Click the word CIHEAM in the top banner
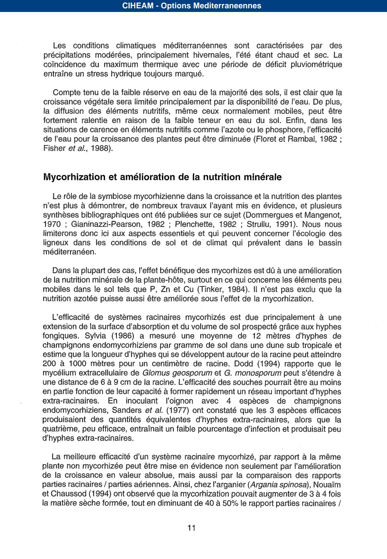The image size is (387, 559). tap(137, 6)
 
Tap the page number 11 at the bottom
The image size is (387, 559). tap(192, 528)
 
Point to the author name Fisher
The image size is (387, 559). tap(55, 148)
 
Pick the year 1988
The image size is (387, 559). tap(100, 148)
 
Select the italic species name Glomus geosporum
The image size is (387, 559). tap(177, 373)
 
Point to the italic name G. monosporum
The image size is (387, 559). tap(253, 373)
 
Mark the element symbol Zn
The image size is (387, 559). tap(166, 289)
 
